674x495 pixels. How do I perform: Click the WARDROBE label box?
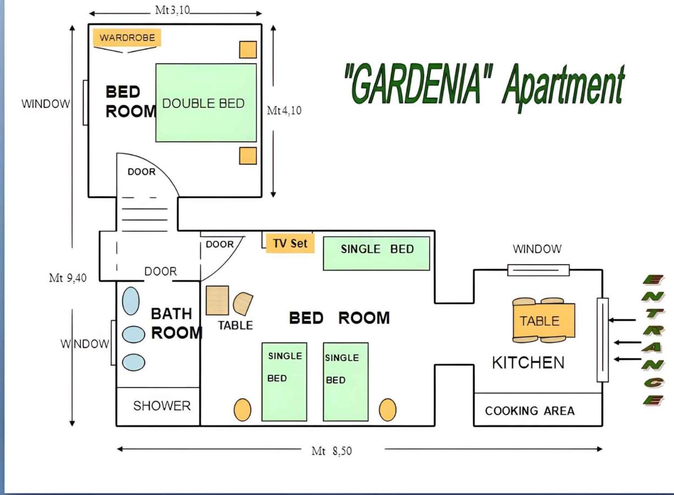pos(127,37)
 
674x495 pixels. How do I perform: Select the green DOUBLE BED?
pos(206,102)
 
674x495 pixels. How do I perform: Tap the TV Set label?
pos(291,243)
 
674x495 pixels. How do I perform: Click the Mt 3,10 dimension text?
pos(172,10)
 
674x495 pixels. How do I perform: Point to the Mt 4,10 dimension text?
pos(284,111)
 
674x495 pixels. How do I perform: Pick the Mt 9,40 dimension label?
pos(68,278)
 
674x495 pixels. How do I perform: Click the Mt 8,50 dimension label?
pos(332,451)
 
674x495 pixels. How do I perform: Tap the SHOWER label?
pos(162,406)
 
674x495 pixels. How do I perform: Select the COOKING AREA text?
pos(529,411)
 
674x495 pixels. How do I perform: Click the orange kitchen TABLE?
pos(544,321)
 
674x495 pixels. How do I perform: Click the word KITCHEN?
pos(528,362)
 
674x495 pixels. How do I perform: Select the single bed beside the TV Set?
pos(376,254)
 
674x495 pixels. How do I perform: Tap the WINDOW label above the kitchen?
pos(537,249)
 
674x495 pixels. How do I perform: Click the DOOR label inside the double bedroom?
pos(141,172)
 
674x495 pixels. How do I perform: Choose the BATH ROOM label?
pos(177,323)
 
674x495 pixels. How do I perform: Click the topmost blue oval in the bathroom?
pos(130,301)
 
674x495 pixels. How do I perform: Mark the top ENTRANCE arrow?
pos(622,320)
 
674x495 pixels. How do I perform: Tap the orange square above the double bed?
pos(248,50)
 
